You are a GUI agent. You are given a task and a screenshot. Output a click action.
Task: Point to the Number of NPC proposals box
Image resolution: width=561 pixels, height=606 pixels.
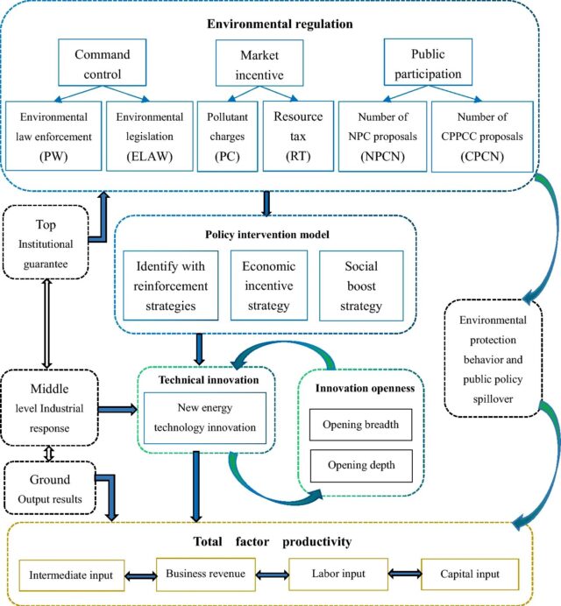point(379,135)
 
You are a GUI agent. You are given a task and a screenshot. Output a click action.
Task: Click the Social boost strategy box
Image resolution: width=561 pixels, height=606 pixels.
point(361,286)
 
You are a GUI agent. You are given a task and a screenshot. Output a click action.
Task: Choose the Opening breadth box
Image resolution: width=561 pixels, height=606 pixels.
point(360,426)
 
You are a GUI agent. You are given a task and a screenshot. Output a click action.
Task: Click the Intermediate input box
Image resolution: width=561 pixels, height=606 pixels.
point(71,575)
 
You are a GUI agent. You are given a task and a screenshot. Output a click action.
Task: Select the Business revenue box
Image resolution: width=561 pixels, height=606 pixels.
point(204,574)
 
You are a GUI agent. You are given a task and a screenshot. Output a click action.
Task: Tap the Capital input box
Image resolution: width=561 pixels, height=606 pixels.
point(469,574)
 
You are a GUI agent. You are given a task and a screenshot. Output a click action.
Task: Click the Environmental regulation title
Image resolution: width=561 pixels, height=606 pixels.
point(280,24)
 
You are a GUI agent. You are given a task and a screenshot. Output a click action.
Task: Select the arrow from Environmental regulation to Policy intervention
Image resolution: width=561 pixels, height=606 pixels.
point(266,201)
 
